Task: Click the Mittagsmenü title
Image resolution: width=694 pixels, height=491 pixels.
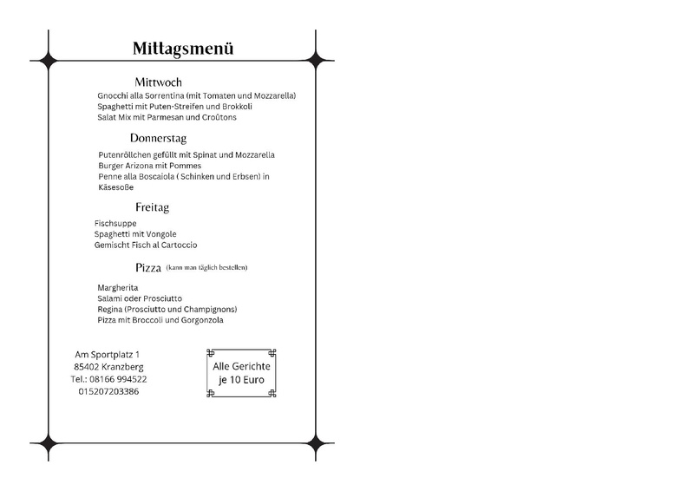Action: pos(183,49)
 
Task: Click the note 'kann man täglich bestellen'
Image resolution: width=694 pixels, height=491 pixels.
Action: pos(213,267)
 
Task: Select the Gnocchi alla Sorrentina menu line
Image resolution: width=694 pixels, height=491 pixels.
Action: pos(197,95)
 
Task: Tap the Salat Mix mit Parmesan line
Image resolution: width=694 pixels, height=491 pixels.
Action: pos(167,116)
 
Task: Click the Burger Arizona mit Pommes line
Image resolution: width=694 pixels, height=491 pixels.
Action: pos(149,166)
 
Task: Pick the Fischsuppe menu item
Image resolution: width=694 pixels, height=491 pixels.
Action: pos(115,223)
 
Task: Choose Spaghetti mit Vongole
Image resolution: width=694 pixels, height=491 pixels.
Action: pos(135,234)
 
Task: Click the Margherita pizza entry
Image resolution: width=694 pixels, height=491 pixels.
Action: pos(119,287)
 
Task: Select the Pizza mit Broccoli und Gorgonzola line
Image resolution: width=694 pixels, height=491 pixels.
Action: pos(160,320)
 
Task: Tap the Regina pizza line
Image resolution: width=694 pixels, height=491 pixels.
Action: pos(167,309)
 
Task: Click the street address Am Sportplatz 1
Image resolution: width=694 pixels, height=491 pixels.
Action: pos(108,355)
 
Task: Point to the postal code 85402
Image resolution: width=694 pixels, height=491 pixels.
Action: pos(88,367)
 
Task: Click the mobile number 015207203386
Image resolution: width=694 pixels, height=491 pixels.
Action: pos(108,391)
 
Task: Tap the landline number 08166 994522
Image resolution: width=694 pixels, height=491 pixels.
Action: pos(121,379)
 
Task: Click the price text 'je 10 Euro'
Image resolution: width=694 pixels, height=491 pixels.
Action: pos(242,381)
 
